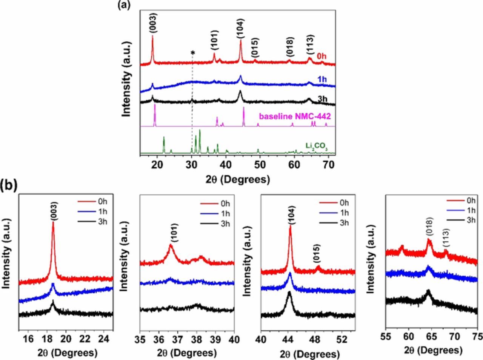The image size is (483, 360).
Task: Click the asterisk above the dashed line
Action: pos(193,53)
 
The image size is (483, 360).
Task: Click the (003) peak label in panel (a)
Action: pos(153,23)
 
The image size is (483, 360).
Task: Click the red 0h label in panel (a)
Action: pos(322,57)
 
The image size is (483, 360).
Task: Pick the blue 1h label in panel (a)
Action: pos(322,80)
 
